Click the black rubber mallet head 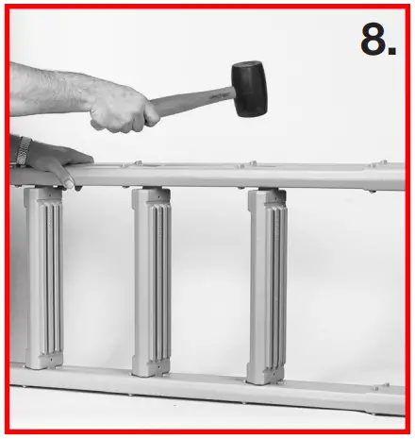click(248, 88)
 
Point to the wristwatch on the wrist click(21, 150)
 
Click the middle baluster click(151, 281)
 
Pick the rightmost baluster click(266, 285)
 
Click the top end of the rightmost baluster click(267, 199)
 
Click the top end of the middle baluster click(151, 196)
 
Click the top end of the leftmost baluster click(44, 194)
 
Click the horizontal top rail click(236, 176)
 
